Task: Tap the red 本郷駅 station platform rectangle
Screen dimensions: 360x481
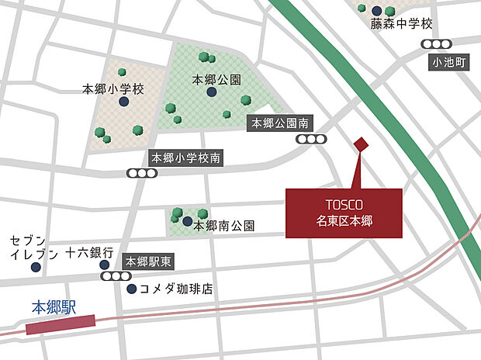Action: tap(61, 324)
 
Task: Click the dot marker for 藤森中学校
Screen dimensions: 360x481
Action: tap(377, 9)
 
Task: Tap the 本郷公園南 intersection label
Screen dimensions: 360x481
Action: tap(280, 123)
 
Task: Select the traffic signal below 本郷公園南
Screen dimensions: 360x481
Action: tap(312, 140)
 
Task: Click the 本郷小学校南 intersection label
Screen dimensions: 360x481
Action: tap(187, 157)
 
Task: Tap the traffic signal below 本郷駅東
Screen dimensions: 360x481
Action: tap(114, 276)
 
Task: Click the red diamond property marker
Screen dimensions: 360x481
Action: tap(360, 144)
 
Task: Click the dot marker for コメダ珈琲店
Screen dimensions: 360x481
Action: tap(130, 289)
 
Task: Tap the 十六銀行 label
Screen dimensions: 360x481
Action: tap(89, 253)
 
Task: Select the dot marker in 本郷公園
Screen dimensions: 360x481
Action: tap(212, 92)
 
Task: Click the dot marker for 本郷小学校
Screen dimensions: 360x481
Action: tap(123, 101)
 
